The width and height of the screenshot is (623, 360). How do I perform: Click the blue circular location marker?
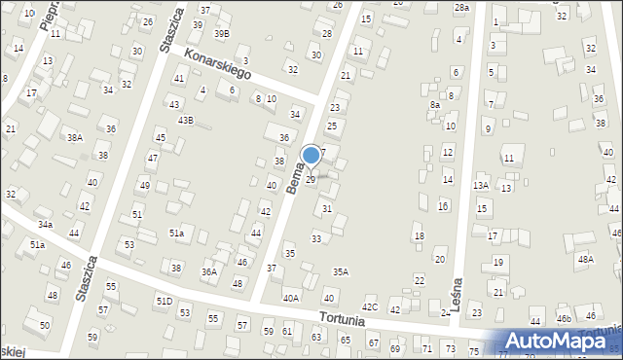pyautogui.click(x=311, y=155)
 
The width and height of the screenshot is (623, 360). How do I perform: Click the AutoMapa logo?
pyautogui.click(x=557, y=341)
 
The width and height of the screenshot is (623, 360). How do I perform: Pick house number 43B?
pyautogui.click(x=185, y=121)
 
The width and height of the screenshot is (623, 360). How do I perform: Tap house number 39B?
pyautogui.click(x=222, y=33)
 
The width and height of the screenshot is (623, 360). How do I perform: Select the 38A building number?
pyautogui.click(x=75, y=138)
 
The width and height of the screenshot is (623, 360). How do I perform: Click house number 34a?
pyautogui.click(x=45, y=225)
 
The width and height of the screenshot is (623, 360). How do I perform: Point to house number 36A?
pyautogui.click(x=209, y=272)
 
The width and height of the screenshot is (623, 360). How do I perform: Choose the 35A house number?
pyautogui.click(x=340, y=272)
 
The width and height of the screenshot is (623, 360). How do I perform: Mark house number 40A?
pyautogui.click(x=291, y=298)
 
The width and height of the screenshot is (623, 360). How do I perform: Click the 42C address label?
pyautogui.click(x=370, y=307)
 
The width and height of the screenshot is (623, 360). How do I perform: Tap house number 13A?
pyautogui.click(x=481, y=185)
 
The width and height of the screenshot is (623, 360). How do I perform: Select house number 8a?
pyautogui.click(x=435, y=104)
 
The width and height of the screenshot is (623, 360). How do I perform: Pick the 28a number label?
pyautogui.click(x=461, y=7)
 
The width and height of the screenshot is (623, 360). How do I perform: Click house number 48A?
pyautogui.click(x=585, y=259)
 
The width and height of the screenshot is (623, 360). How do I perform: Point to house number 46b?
pyautogui.click(x=564, y=318)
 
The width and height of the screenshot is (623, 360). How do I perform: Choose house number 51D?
pyautogui.click(x=165, y=302)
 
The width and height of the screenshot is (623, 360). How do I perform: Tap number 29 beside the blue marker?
pyautogui.click(x=311, y=179)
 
